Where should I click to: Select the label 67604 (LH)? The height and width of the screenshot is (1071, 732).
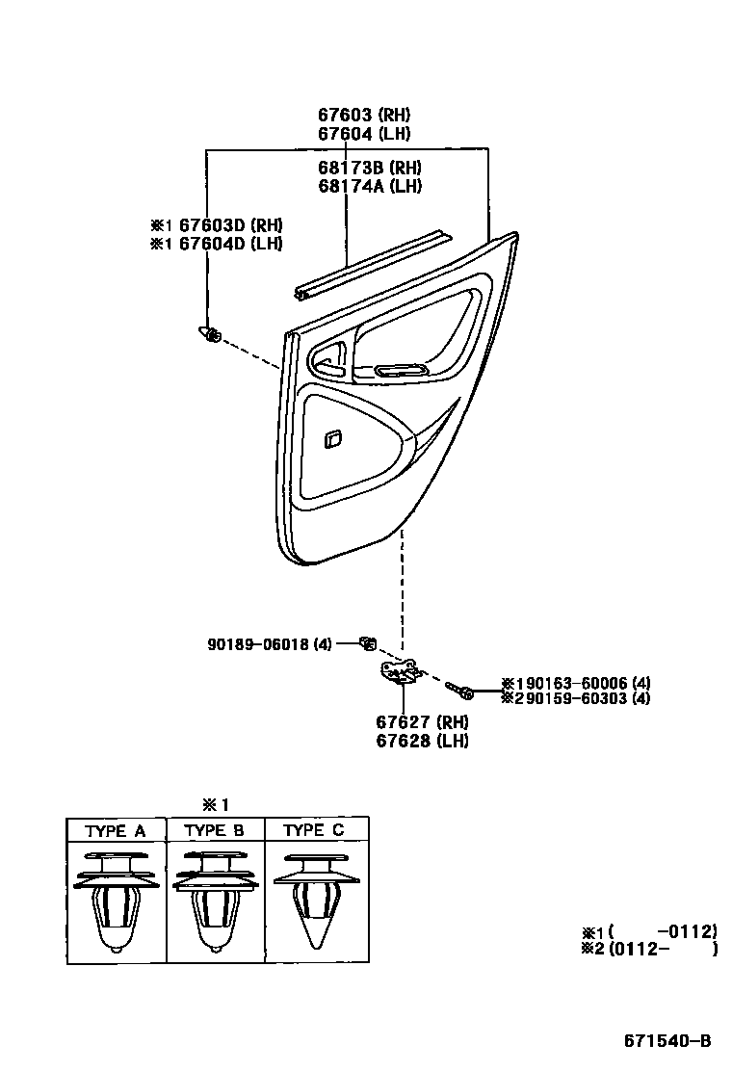pyautogui.click(x=364, y=134)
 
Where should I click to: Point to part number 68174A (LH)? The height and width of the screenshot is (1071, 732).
pyautogui.click(x=370, y=186)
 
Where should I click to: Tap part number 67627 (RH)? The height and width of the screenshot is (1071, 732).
pyautogui.click(x=422, y=721)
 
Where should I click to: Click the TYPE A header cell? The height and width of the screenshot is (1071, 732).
pyautogui.click(x=116, y=830)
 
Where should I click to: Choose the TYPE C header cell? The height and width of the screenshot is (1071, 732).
pyautogui.click(x=314, y=830)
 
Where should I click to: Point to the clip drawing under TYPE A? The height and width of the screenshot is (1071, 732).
pyautogui.click(x=116, y=901)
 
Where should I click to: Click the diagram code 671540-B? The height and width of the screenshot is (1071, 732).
pyautogui.click(x=667, y=1040)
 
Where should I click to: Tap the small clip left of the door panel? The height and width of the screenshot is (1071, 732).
pyautogui.click(x=209, y=334)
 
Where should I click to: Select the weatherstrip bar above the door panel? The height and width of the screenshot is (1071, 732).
pyautogui.click(x=371, y=267)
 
